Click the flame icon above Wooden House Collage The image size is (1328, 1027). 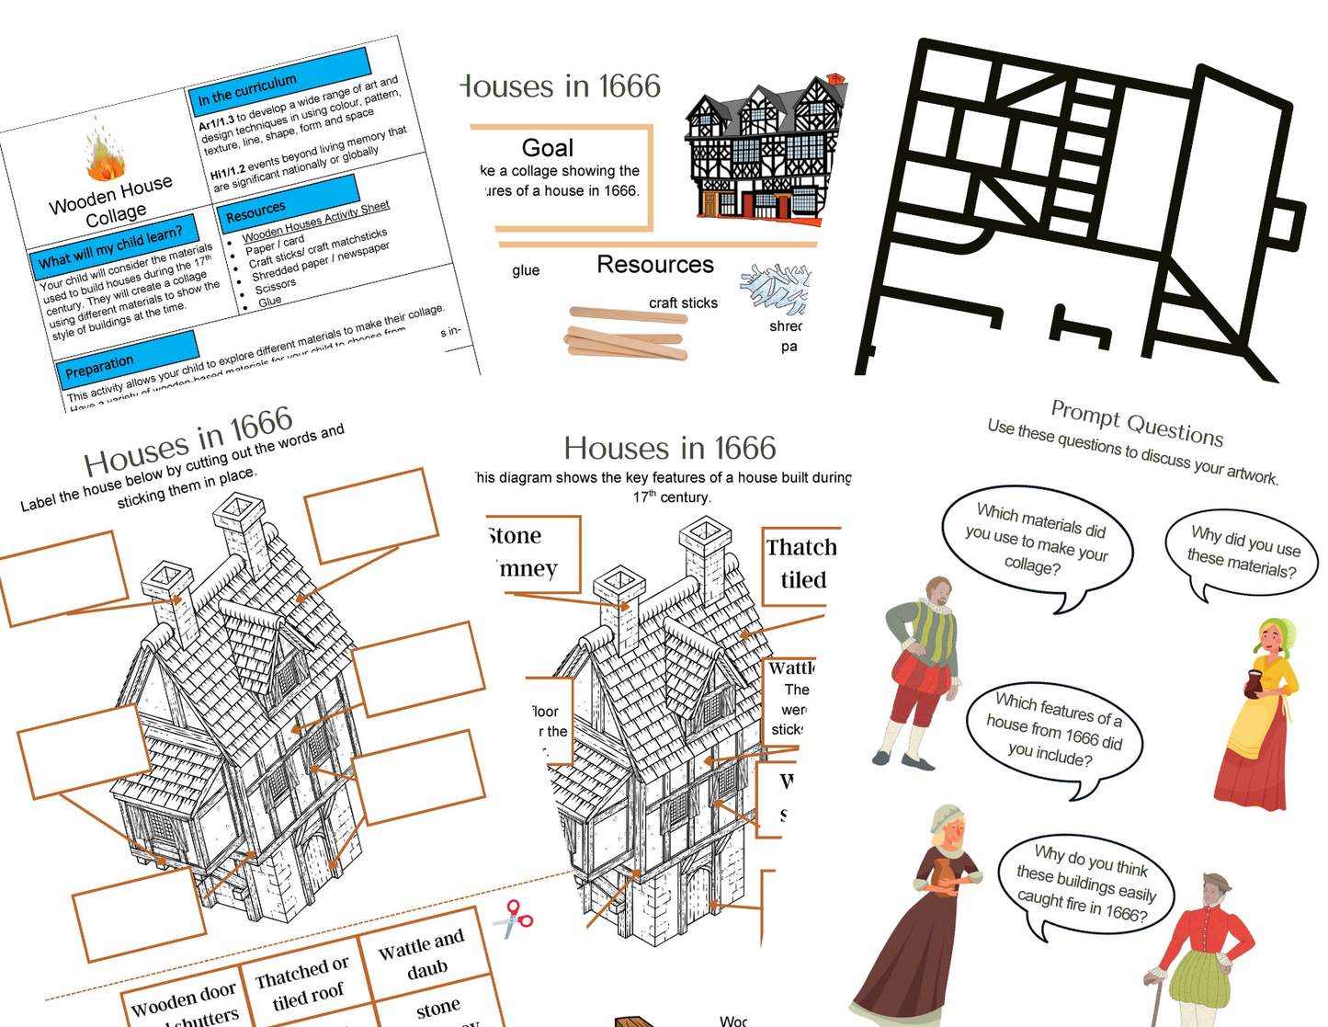click(106, 153)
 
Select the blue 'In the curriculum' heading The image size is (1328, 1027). click(281, 79)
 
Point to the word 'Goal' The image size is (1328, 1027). click(548, 148)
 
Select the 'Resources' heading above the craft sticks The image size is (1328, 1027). click(655, 265)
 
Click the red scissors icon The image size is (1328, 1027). click(513, 919)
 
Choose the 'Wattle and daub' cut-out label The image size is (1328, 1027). click(422, 954)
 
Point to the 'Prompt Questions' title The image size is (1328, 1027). click(1137, 424)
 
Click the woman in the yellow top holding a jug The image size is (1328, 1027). click(1257, 713)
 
